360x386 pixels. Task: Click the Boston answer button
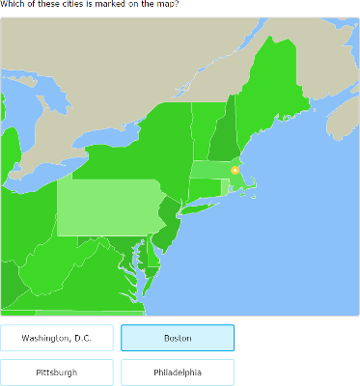click(178, 338)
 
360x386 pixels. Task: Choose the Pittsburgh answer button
click(57, 372)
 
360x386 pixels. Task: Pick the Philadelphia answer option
click(178, 372)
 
